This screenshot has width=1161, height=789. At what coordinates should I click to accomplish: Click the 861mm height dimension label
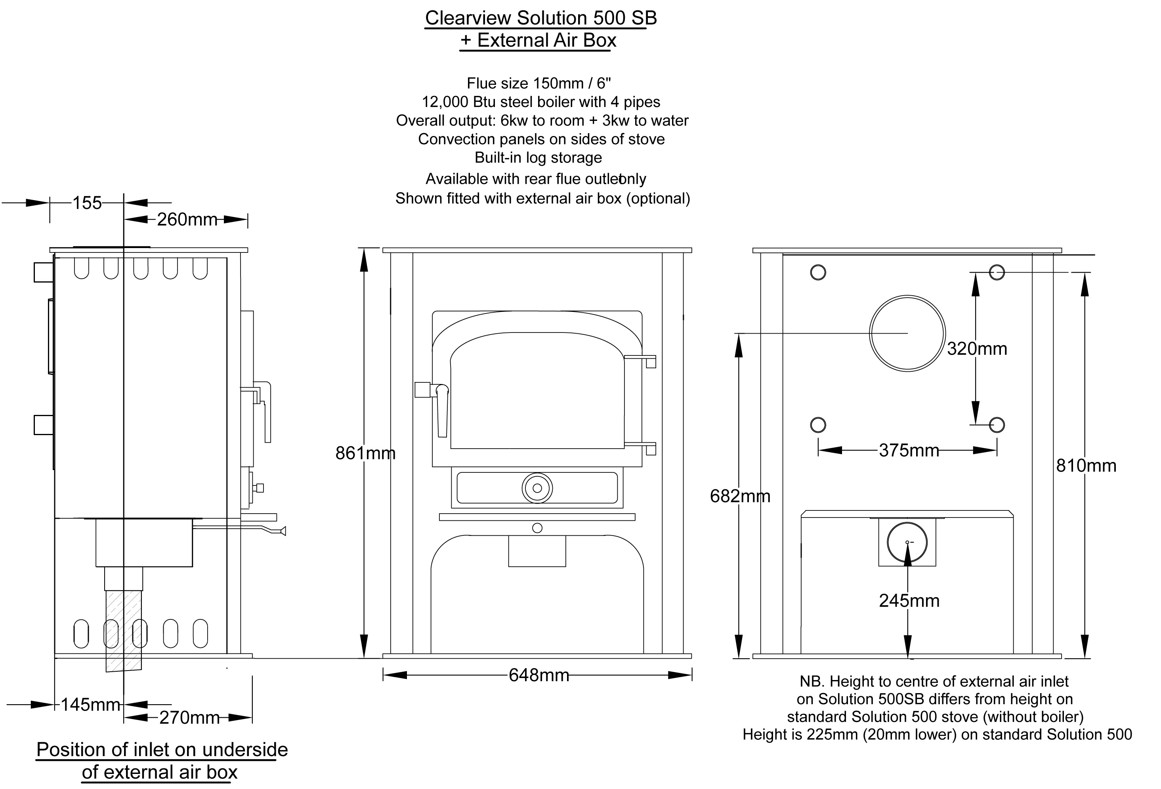(365, 453)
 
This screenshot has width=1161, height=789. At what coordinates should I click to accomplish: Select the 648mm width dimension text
(538, 676)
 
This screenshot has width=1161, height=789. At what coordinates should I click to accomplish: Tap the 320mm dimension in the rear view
(977, 349)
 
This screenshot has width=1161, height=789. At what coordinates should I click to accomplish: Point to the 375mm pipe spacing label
(909, 451)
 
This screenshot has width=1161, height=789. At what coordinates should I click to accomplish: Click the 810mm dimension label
(1086, 466)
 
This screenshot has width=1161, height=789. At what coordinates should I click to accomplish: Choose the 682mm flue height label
(739, 496)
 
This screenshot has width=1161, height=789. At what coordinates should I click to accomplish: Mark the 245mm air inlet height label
(909, 601)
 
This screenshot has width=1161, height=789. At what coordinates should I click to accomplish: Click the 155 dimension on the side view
(87, 203)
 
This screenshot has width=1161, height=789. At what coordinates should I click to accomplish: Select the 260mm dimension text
(187, 220)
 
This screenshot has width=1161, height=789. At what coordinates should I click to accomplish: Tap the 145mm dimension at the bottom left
(90, 705)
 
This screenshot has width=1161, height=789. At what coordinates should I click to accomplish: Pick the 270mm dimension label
(189, 718)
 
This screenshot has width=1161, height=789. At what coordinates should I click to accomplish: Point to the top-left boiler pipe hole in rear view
(818, 272)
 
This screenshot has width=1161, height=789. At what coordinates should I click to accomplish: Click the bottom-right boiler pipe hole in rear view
(997, 425)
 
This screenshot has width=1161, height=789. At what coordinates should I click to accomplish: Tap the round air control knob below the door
(537, 488)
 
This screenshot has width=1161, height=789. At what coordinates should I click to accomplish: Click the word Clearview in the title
(468, 18)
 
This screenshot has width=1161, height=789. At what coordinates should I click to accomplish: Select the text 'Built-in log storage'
(538, 157)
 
